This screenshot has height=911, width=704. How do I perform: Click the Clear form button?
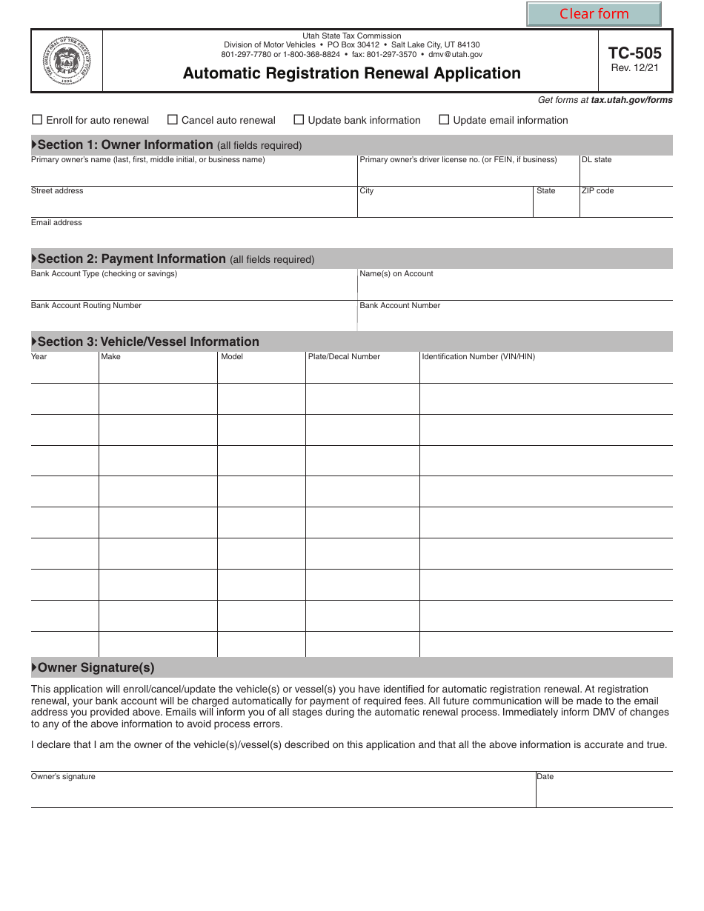594,14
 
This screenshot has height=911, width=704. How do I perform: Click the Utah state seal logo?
67,61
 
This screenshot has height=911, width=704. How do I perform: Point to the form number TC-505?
635,53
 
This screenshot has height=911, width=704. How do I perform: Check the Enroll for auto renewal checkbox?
37,120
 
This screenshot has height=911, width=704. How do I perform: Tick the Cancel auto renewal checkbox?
173,120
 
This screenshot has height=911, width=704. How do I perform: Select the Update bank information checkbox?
299,120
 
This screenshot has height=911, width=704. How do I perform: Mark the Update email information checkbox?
445,120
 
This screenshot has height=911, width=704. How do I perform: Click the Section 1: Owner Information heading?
125,145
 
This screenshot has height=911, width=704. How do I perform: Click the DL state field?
625,175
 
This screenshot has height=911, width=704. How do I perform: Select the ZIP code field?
625,206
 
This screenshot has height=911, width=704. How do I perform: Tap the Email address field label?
56,223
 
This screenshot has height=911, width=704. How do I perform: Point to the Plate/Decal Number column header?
344,357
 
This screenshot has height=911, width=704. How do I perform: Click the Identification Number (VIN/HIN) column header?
478,357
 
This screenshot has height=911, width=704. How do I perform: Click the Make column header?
110,357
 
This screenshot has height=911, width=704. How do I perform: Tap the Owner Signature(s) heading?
96,668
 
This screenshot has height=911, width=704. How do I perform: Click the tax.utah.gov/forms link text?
631,100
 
